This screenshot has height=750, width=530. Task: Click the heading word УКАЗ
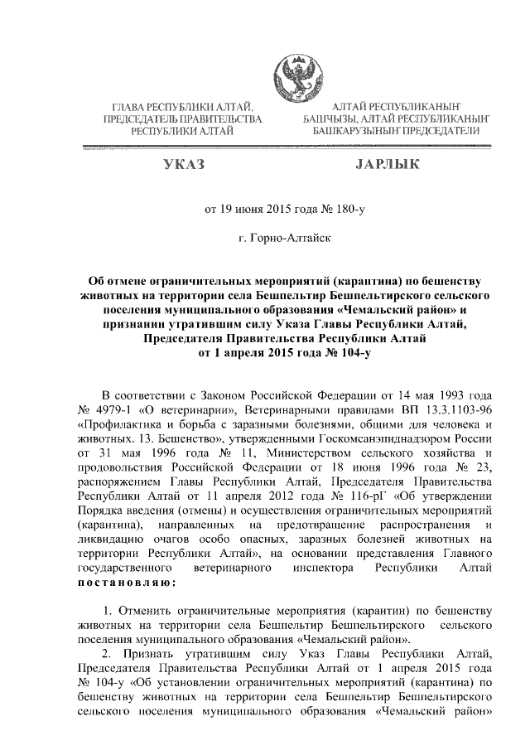coord(183,166)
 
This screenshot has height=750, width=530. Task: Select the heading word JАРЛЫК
coord(388,166)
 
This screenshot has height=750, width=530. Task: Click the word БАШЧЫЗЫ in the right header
coord(337,119)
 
